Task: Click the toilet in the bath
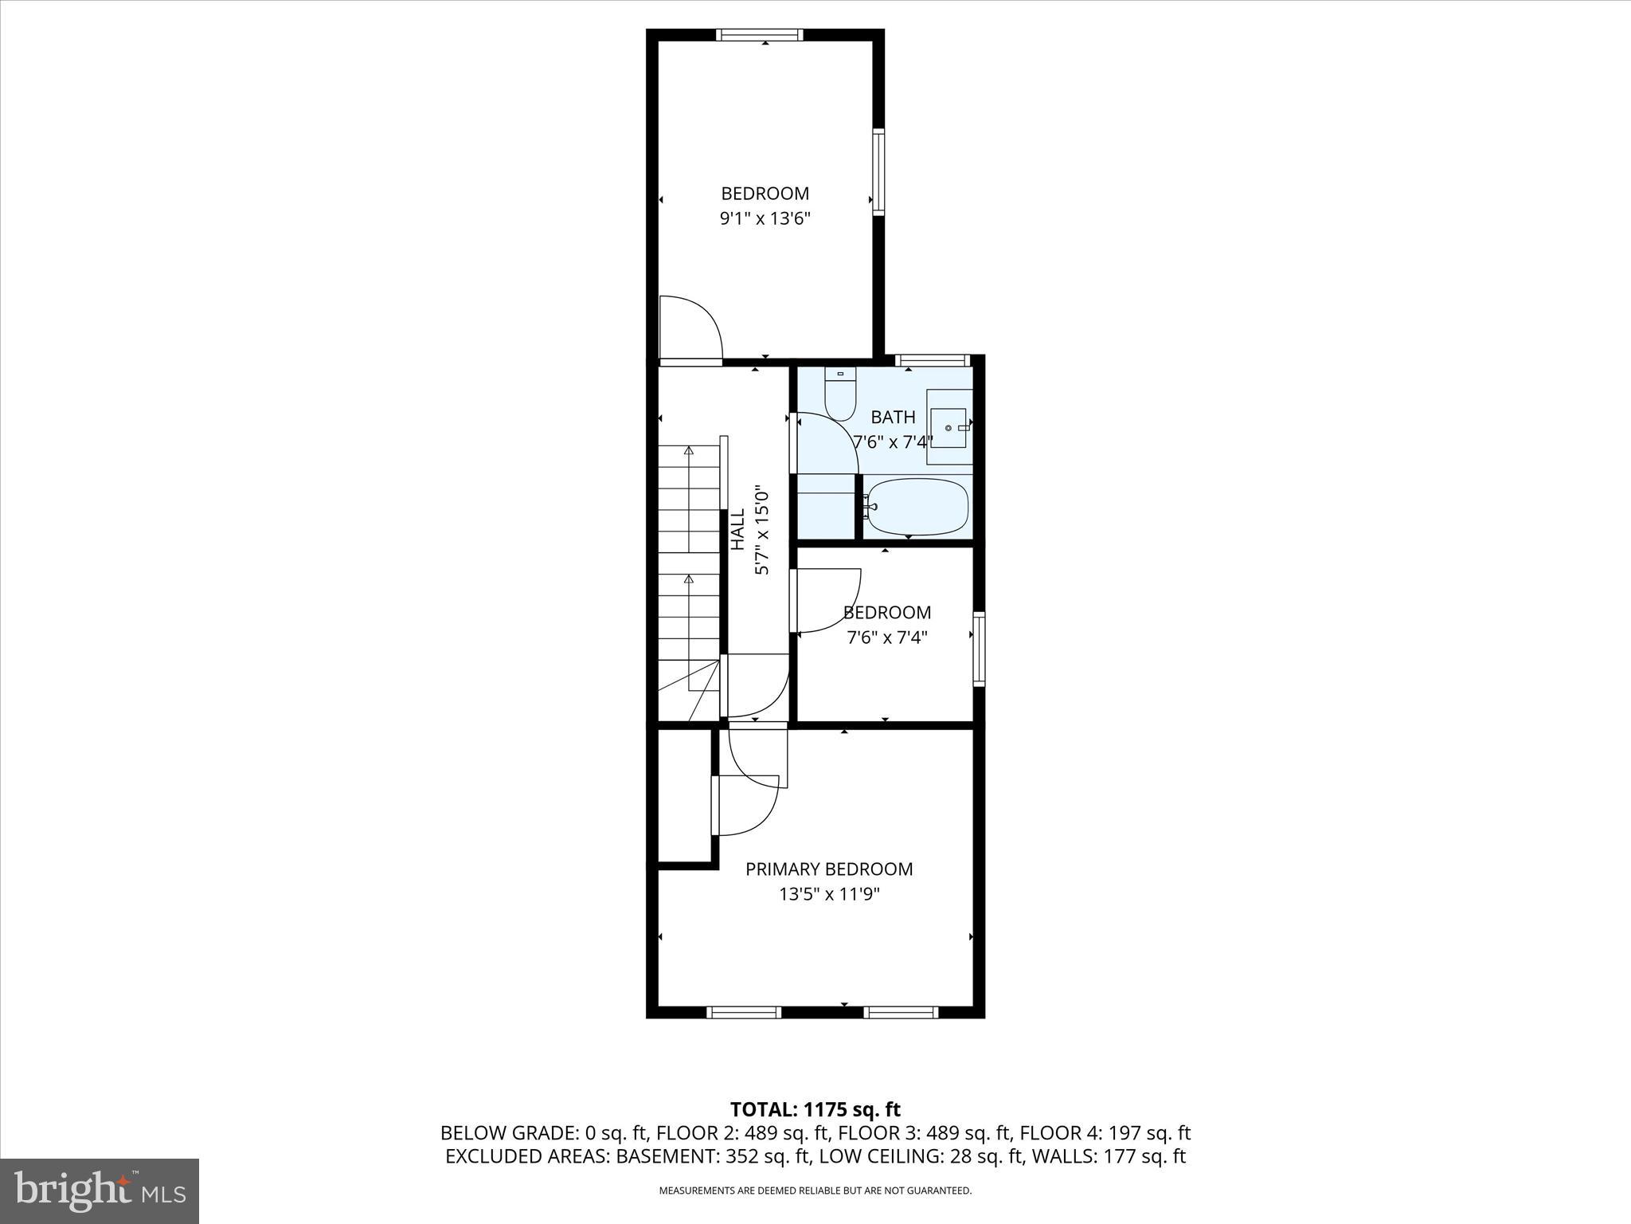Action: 839,396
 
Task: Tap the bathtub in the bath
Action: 917,506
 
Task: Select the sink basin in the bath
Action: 948,427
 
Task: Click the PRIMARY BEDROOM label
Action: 828,869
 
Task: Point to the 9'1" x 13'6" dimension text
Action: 765,218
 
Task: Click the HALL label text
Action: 738,529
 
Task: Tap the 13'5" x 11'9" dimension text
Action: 828,894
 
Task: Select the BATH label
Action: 893,417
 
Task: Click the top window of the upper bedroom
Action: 759,34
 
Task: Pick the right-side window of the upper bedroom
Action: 878,171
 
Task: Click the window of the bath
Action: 933,360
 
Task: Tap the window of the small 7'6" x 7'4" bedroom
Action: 979,649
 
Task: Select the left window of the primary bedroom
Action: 744,1012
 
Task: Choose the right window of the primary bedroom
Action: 901,1012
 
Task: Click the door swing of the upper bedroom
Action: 690,328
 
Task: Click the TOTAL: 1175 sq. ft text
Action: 815,1109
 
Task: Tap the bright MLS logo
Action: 100,1191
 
